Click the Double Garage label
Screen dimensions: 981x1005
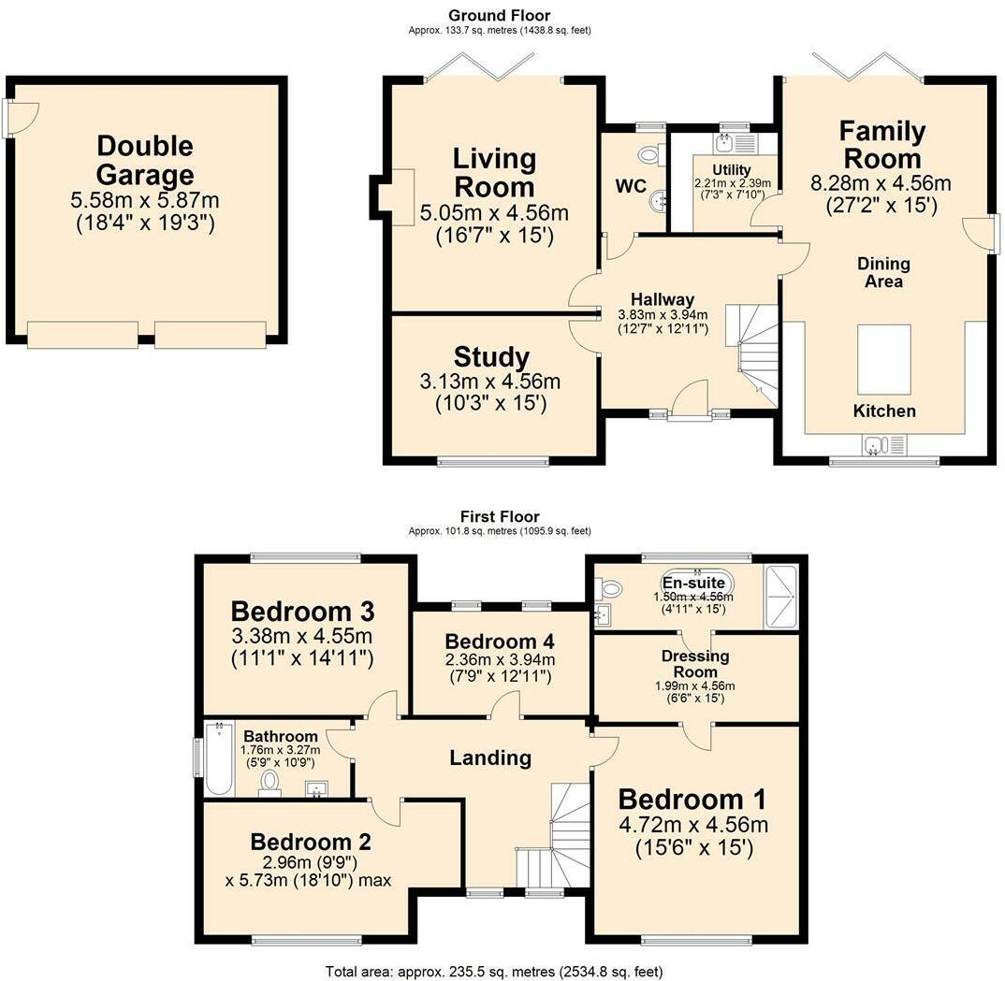[145, 160]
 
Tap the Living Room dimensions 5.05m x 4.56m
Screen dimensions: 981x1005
[494, 213]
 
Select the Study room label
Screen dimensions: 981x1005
[491, 357]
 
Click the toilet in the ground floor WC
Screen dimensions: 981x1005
[648, 154]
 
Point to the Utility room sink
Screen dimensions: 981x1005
[726, 143]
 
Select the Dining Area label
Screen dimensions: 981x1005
[883, 271]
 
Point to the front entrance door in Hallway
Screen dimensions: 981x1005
[693, 402]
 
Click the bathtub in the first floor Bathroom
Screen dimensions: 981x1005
[218, 758]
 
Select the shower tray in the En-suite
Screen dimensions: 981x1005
[781, 597]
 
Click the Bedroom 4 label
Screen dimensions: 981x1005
[500, 642]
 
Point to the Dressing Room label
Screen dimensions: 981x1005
[695, 664]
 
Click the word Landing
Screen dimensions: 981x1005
[490, 757]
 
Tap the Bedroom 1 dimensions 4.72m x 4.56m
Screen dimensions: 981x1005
[692, 825]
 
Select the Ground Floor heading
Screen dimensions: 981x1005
[499, 15]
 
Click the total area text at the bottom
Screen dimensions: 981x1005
[494, 972]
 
